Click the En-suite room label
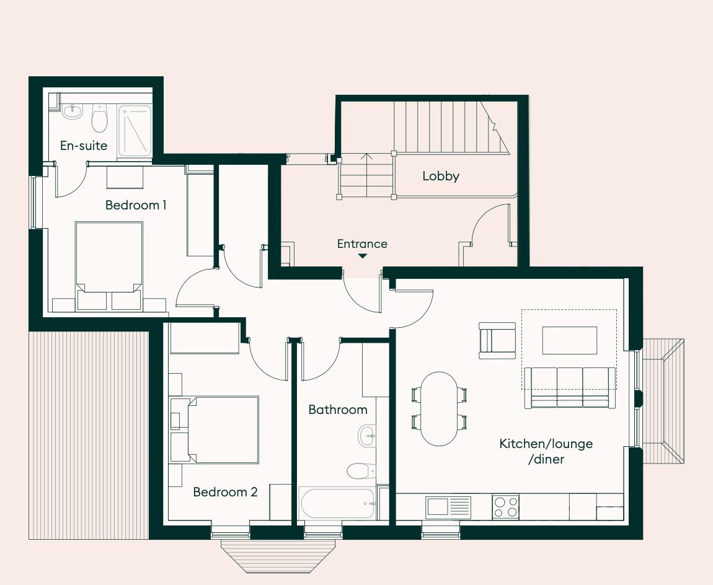click(84, 146)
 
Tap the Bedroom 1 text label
click(136, 205)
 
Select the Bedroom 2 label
click(225, 492)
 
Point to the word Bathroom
click(338, 410)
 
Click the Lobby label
click(441, 176)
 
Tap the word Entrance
click(362, 244)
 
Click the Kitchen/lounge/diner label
click(546, 451)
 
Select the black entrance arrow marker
click(362, 256)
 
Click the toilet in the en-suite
click(99, 118)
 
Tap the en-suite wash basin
click(73, 112)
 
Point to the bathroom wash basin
click(366, 436)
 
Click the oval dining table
click(439, 408)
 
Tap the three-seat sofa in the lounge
click(570, 387)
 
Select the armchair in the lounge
click(497, 340)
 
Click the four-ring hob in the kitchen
click(505, 507)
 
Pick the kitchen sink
click(448, 507)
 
